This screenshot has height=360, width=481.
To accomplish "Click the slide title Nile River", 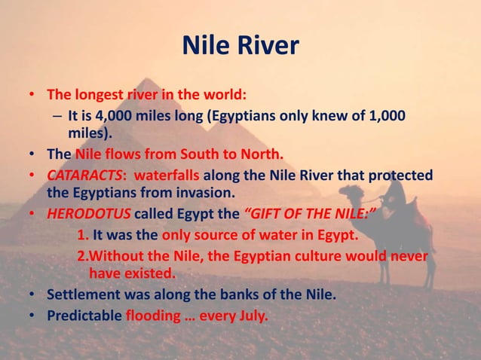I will [x=240, y=47].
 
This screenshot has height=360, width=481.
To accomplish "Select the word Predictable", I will [x=85, y=315].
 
